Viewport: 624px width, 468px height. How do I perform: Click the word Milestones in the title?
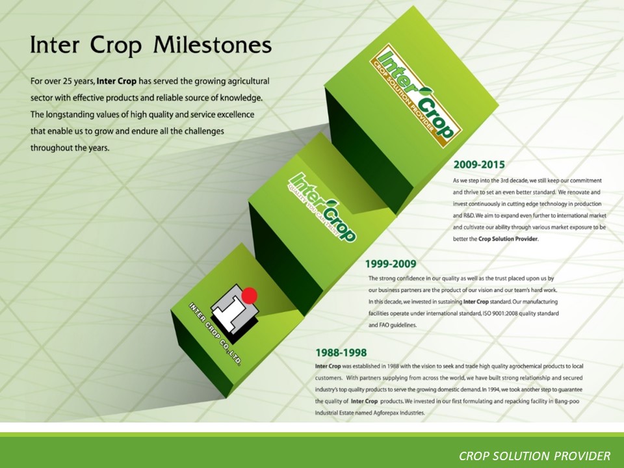pos(212,45)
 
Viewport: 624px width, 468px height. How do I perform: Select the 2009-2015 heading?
pos(479,164)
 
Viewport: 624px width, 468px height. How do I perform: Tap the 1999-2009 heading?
pos(391,264)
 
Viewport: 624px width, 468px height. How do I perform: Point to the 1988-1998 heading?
pos(341,352)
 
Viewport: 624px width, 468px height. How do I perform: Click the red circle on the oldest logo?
pos(250,295)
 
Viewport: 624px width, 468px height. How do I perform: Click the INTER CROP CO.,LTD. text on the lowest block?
pos(215,334)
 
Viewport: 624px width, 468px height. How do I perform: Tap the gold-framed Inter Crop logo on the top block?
pos(415,96)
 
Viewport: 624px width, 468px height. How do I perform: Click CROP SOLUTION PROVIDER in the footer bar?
pos(534,456)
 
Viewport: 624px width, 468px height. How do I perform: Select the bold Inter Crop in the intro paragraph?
pos(116,81)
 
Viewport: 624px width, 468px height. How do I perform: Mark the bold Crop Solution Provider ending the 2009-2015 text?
pos(508,239)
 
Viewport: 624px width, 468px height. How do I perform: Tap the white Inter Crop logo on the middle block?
pos(322,207)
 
